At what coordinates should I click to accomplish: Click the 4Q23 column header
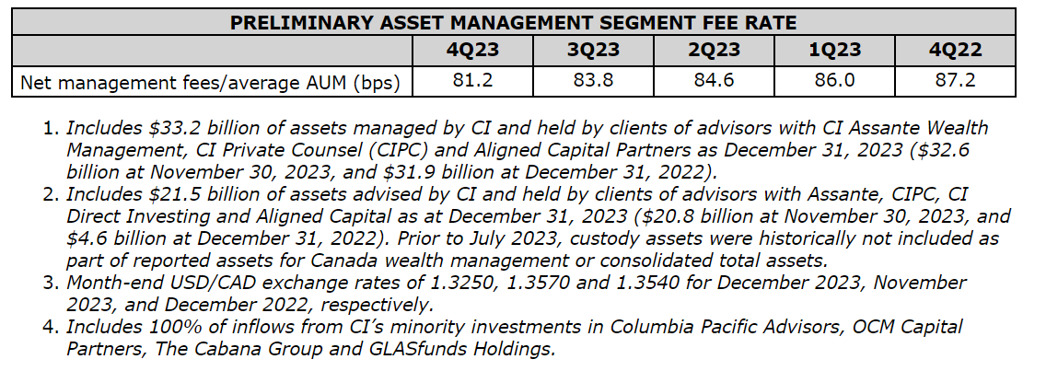(473, 50)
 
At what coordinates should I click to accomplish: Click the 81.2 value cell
(473, 81)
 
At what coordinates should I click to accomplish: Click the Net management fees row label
(210, 82)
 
